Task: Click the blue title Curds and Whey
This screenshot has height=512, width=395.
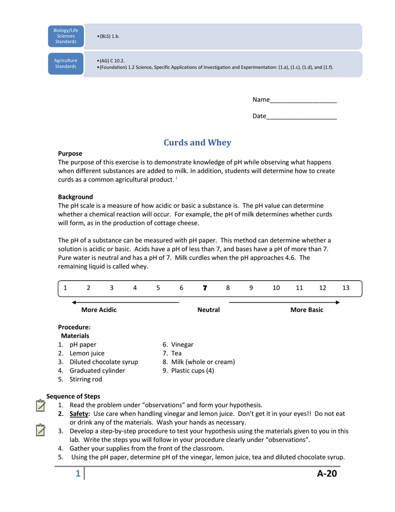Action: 197,142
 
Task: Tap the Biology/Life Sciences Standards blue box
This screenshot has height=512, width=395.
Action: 66,36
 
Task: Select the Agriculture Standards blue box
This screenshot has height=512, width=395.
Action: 66,63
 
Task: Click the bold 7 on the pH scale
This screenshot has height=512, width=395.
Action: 205,288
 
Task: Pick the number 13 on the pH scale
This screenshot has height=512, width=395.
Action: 346,288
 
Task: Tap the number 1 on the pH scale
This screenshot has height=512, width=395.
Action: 65,288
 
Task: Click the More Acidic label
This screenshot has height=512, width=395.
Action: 99,310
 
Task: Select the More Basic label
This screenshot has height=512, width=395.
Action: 307,310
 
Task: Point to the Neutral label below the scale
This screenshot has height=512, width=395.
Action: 208,310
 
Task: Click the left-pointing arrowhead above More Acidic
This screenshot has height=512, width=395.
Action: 74,302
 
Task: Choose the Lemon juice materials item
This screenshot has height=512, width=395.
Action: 87,353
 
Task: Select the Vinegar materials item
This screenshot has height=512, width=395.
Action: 182,344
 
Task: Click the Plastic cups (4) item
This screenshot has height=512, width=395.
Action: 192,370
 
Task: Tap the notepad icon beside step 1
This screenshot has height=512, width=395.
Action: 41,405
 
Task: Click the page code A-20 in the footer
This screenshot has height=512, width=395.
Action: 327,473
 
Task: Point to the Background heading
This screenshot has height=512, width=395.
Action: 75,197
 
